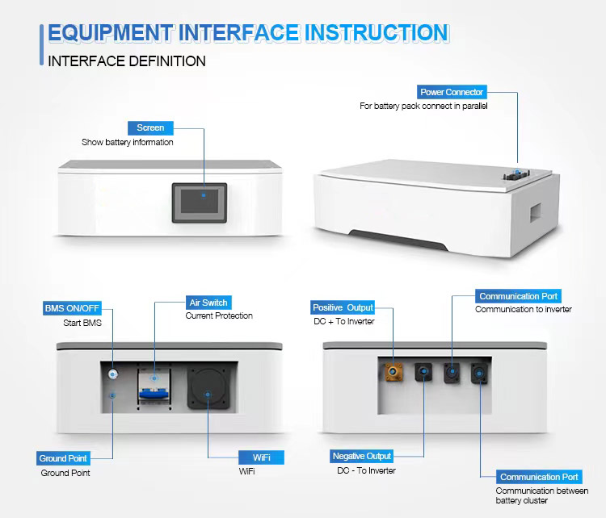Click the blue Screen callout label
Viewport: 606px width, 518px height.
[x=150, y=127]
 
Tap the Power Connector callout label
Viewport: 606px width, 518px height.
[x=452, y=92]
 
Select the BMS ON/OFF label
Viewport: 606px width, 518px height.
[x=72, y=308]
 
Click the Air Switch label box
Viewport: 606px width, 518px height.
[x=208, y=303]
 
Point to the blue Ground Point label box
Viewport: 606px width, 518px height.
[x=63, y=458]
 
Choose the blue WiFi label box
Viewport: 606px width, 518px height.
[x=261, y=457]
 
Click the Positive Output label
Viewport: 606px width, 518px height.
[x=343, y=307]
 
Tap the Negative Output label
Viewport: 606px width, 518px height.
[x=362, y=456]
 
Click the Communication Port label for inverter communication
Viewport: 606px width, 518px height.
[x=518, y=296]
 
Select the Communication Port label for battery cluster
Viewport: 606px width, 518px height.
[x=539, y=477]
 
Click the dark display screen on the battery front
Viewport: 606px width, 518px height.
[x=200, y=203]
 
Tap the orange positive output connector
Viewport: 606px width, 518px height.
[x=393, y=372]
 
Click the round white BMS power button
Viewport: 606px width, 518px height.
[x=112, y=374]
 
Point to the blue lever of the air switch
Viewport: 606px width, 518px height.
[x=154, y=394]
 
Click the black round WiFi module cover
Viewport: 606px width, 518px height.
[x=208, y=388]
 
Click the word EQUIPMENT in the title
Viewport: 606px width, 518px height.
[x=110, y=33]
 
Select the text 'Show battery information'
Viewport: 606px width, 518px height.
[x=128, y=142]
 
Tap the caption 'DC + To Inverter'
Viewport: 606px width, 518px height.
[x=344, y=321]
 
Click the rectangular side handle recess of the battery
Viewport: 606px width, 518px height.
[x=536, y=213]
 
